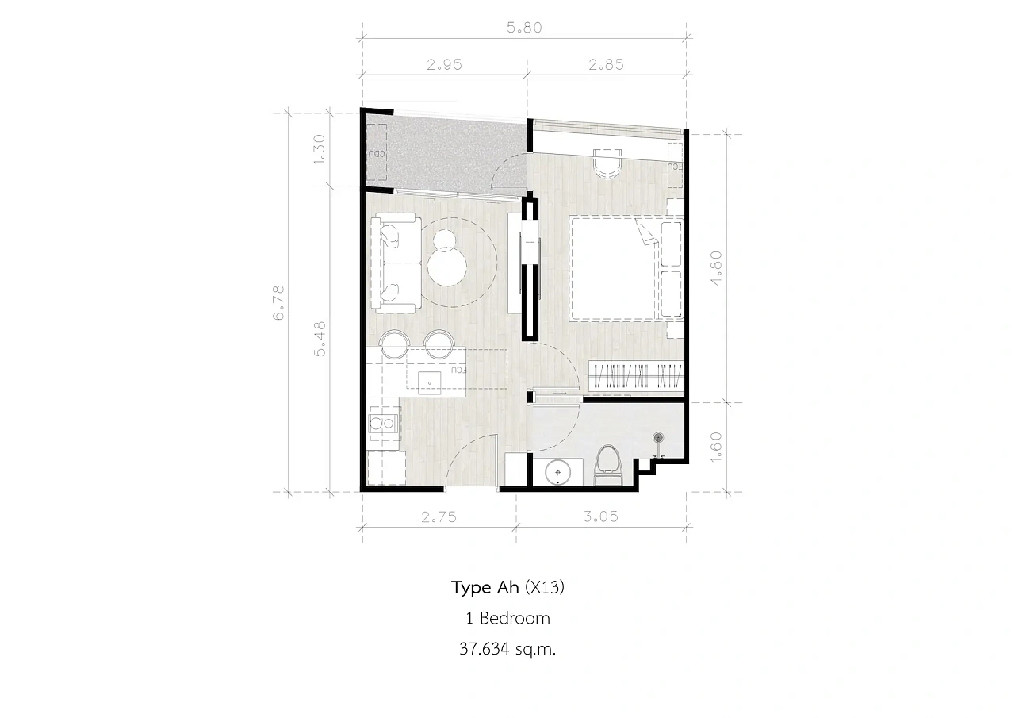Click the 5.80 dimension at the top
524,28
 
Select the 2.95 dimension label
445,65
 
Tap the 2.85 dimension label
607,65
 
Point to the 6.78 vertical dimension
278,303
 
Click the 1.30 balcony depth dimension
320,149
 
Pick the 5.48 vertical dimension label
320,339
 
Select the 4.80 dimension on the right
716,268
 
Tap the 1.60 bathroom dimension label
716,447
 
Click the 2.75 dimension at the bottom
439,516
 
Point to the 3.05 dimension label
600,516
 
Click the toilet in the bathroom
608,466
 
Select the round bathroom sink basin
557,473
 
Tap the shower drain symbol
658,437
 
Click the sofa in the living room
396,263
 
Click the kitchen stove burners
383,424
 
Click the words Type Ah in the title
485,587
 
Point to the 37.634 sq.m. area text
507,649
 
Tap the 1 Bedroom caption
508,618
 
